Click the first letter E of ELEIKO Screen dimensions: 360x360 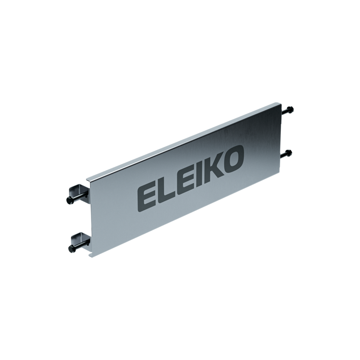(147, 194)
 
